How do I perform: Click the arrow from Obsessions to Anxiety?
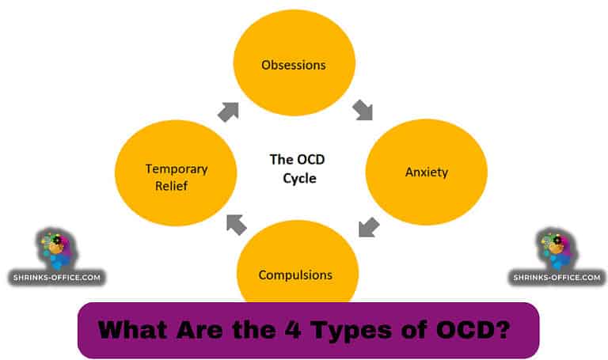pos(363,109)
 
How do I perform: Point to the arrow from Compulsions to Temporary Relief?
pos(236,224)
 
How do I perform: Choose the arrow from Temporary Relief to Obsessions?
pos(229,111)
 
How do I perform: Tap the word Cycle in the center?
pos(299,178)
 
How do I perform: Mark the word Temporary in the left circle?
pos(177,169)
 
